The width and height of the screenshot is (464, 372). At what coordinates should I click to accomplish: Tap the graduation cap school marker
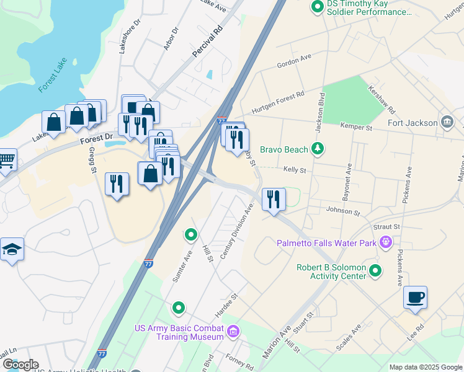pos(12,250)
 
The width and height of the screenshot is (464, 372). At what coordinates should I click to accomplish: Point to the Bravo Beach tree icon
pos(318,149)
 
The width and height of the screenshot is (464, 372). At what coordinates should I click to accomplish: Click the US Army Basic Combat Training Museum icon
pos(233,332)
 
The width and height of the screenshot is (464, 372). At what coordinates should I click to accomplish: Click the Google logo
pos(20,365)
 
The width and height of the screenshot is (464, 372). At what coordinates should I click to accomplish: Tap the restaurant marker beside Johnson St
pos(274,200)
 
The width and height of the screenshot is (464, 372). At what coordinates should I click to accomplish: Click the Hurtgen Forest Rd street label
pos(277,103)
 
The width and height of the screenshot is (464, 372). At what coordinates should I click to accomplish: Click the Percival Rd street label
pos(207,42)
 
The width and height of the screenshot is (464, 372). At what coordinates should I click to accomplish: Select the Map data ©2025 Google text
pos(425,367)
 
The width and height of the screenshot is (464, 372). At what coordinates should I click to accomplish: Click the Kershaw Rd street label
pos(382,99)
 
